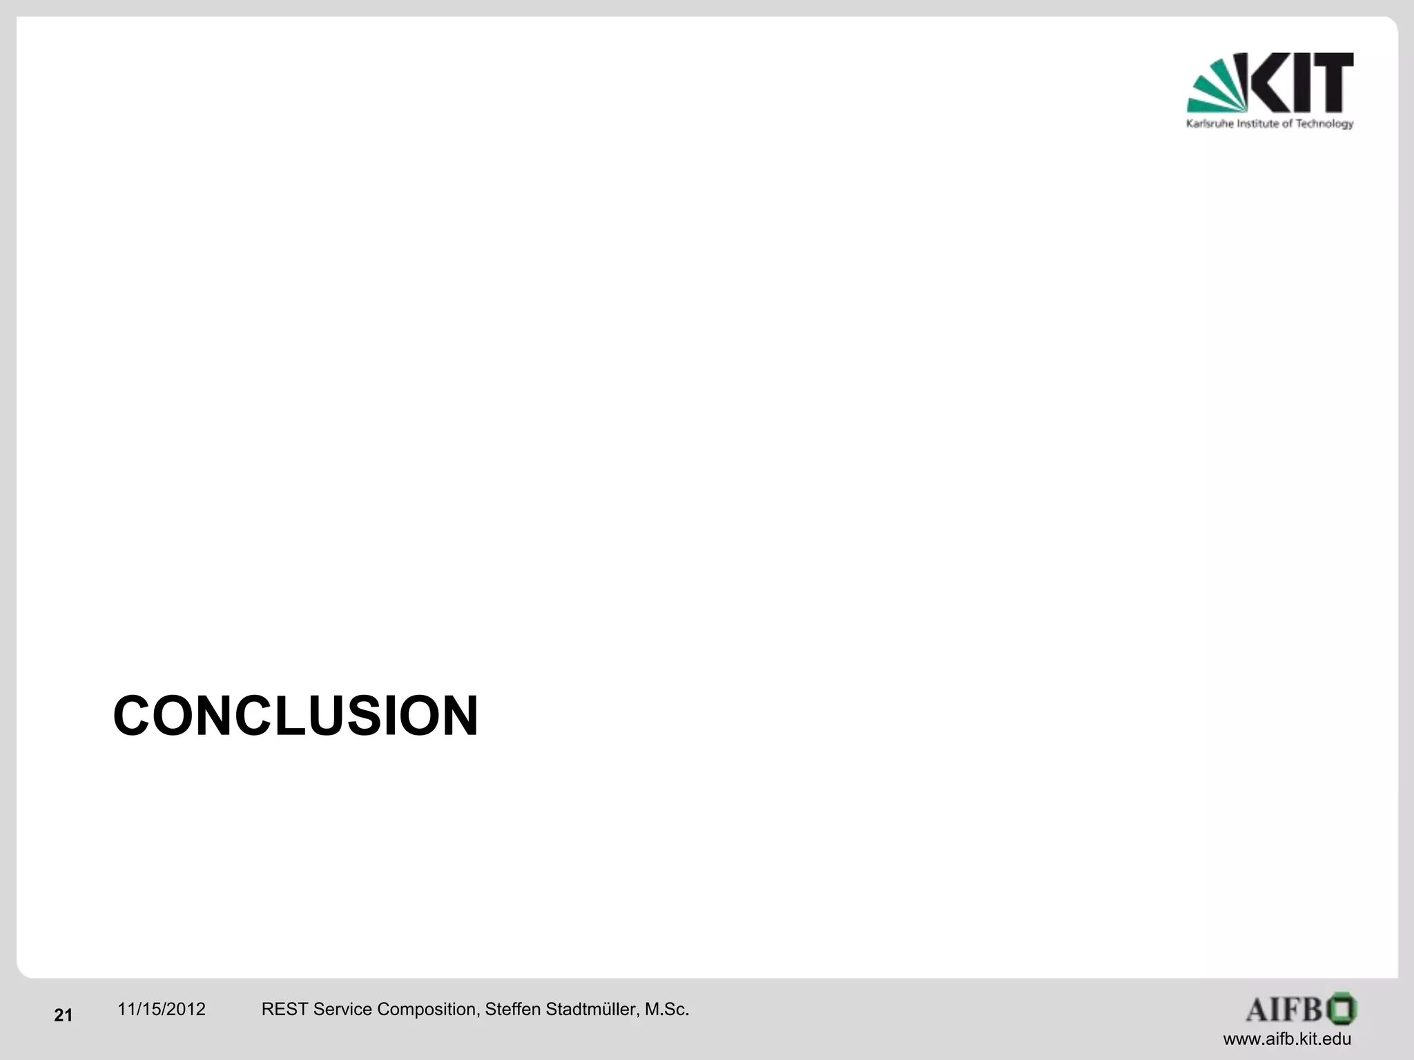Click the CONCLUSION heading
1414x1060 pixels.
tap(296, 716)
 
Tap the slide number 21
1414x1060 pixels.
tap(63, 1015)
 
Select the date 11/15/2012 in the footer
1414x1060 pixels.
tap(161, 1009)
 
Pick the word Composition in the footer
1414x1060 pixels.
tap(428, 1010)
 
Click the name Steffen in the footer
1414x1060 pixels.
tap(513, 1009)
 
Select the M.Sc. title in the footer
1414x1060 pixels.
tap(667, 1009)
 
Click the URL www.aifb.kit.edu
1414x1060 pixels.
tap(1287, 1039)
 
